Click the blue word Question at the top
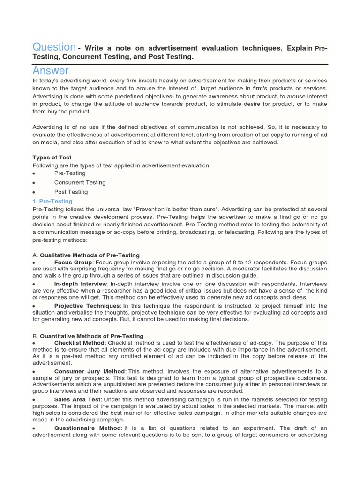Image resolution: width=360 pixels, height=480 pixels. (x=54, y=47)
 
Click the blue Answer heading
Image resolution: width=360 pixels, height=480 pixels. (x=51, y=71)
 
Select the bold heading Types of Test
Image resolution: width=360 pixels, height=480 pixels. (x=52, y=157)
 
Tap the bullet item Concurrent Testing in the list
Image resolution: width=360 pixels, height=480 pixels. (x=80, y=182)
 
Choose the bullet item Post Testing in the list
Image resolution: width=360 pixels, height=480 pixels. (x=71, y=192)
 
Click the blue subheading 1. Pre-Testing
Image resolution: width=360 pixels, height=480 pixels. (x=52, y=201)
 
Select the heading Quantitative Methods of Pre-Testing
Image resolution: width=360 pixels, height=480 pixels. (x=91, y=336)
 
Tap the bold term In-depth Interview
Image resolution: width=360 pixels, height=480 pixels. (x=81, y=284)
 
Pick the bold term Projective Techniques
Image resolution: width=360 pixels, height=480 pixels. (x=87, y=306)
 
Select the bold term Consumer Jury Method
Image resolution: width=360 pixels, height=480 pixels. (x=90, y=371)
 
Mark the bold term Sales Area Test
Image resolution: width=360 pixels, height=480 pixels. (x=77, y=399)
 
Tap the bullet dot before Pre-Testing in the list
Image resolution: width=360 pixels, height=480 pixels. (x=34, y=173)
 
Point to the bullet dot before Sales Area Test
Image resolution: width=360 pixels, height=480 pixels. (x=34, y=400)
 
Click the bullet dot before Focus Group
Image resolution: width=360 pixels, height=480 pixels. (x=34, y=263)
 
